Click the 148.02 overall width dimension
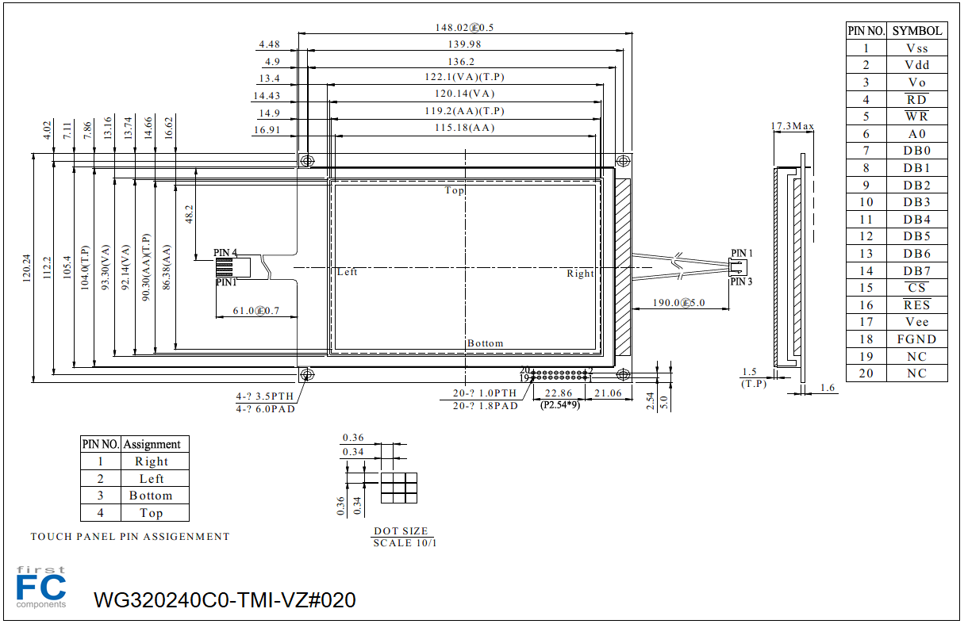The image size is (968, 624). [x=464, y=28]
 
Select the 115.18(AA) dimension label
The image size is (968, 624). [x=464, y=128]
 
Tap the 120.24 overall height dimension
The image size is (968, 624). [x=27, y=268]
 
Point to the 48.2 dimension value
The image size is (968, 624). [x=189, y=214]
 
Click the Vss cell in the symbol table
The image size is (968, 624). [x=916, y=48]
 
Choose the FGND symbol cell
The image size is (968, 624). [x=916, y=339]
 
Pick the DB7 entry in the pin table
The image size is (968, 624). [x=916, y=270]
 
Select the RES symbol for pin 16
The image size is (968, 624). [x=916, y=305]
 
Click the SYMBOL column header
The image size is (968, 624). [x=917, y=31]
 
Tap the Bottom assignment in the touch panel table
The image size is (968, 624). [x=151, y=496]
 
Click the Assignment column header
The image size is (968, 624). [x=152, y=444]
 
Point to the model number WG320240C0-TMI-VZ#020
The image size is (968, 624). [x=225, y=600]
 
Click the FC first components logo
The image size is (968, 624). [x=41, y=588]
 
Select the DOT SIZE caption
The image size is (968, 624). [x=401, y=530]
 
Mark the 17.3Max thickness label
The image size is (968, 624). [x=792, y=126]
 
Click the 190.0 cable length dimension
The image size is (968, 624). [x=678, y=303]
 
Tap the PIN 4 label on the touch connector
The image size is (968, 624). [x=225, y=253]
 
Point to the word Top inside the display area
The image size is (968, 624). [x=455, y=190]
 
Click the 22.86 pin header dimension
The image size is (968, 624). [x=559, y=393]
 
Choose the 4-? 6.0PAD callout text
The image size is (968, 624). [x=265, y=409]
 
